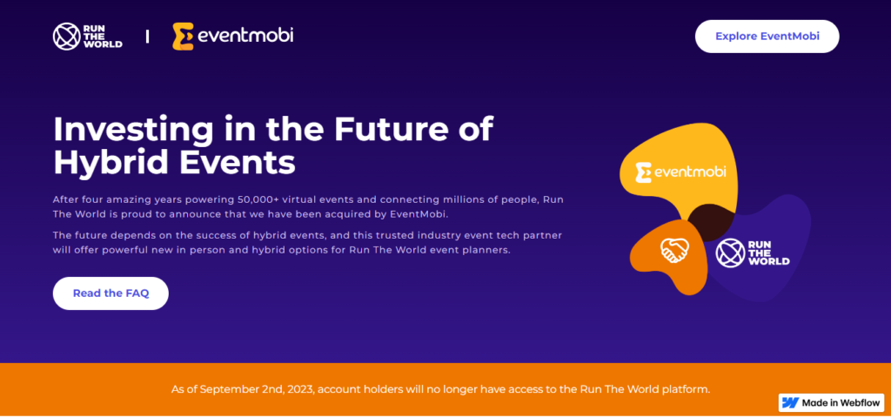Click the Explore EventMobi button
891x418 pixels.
click(x=767, y=37)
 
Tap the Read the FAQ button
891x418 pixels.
click(x=111, y=293)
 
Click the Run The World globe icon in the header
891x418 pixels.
click(x=66, y=37)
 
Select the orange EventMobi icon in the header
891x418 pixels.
click(x=183, y=37)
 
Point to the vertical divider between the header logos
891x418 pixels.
click(x=148, y=37)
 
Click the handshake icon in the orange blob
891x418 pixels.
click(x=674, y=250)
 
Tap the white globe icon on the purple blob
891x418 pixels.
click(x=730, y=253)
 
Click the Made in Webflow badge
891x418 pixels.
click(x=831, y=402)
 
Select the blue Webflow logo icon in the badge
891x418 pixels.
click(x=790, y=402)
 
